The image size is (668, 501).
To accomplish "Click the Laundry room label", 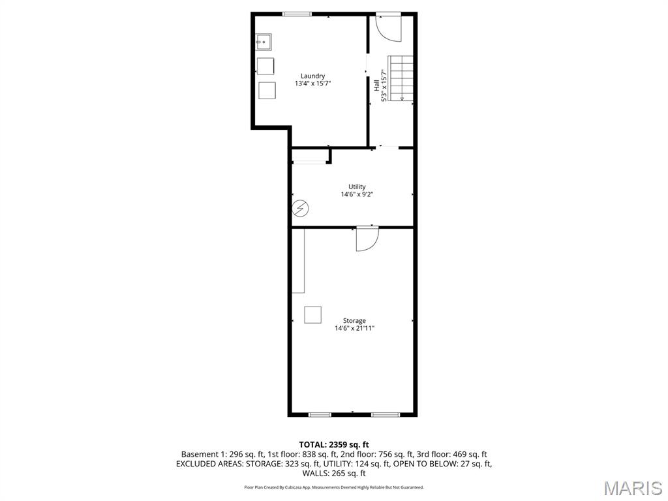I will pyautogui.click(x=312, y=76).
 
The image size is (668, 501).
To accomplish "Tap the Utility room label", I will pyautogui.click(x=357, y=187).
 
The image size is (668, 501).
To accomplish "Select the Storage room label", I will pyautogui.click(x=354, y=320).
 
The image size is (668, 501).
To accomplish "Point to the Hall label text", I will pyautogui.click(x=376, y=85).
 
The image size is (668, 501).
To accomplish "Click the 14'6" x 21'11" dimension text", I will pyautogui.click(x=354, y=328).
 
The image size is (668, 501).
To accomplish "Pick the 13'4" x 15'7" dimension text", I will pyautogui.click(x=312, y=83).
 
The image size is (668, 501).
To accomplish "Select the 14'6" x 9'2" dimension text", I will pyautogui.click(x=357, y=194).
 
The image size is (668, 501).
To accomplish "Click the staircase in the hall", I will pyautogui.click(x=401, y=78).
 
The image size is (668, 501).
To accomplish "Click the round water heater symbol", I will pyautogui.click(x=300, y=209).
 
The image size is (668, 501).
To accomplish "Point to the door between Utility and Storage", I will pyautogui.click(x=367, y=238).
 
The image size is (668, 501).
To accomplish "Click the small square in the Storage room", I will pyautogui.click(x=313, y=314).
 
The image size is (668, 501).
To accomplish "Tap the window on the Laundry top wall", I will pyautogui.click(x=297, y=14).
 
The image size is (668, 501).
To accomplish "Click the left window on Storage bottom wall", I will pyautogui.click(x=320, y=414).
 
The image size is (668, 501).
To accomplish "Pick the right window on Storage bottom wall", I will pyautogui.click(x=385, y=414).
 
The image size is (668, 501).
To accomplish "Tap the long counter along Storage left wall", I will pyautogui.click(x=298, y=261).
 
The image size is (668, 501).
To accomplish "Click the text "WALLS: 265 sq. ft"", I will pyautogui.click(x=334, y=473).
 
